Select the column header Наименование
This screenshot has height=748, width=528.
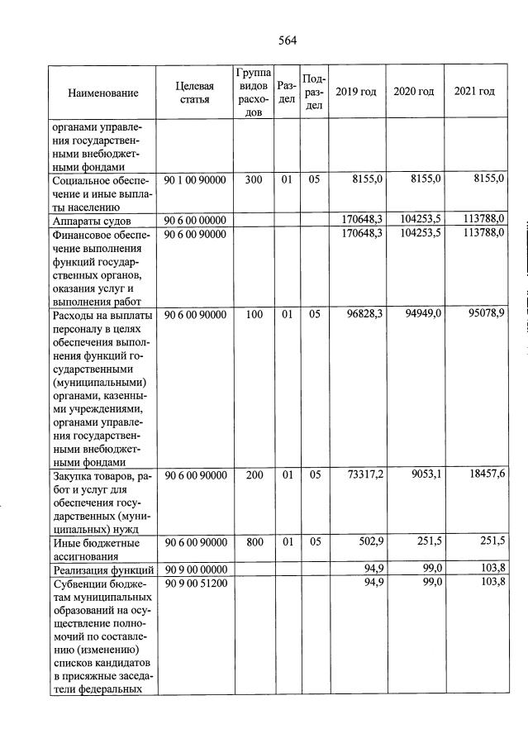point(102,93)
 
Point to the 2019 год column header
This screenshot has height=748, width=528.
point(356,92)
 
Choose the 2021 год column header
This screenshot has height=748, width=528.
point(474,91)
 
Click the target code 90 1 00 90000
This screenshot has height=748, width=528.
point(195,179)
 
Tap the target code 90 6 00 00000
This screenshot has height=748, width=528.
point(195,219)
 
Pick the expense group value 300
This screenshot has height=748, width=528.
point(254,179)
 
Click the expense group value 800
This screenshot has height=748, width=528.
point(254,542)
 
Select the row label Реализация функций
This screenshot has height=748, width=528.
point(102,569)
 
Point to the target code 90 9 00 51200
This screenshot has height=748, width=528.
point(195,583)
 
